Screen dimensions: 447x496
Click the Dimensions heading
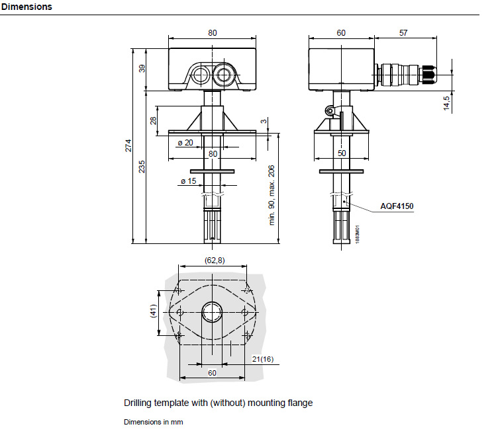tap(26, 7)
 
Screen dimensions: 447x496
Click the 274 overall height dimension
tap(129, 145)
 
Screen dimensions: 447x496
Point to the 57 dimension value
tap(404, 32)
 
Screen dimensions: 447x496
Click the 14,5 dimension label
tap(447, 102)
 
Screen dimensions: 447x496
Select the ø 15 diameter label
tap(188, 181)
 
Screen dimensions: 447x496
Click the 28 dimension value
tap(153, 121)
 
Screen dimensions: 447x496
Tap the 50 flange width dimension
tap(341, 153)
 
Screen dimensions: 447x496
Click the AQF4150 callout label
tap(397, 207)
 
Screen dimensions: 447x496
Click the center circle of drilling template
tap(213, 310)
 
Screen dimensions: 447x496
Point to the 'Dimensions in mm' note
tap(153, 422)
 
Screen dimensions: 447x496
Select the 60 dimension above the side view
tap(341, 32)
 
